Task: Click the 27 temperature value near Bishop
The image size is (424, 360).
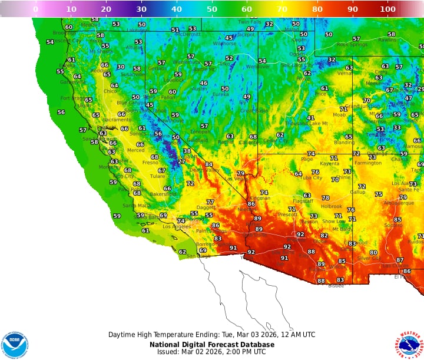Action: click(x=181, y=161)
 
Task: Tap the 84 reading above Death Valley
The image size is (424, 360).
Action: click(x=208, y=164)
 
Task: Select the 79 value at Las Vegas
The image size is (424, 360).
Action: click(x=240, y=173)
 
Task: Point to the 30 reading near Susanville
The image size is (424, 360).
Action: click(x=121, y=67)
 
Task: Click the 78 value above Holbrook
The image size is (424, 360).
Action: click(x=325, y=198)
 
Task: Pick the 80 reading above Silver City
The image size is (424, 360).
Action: click(x=373, y=252)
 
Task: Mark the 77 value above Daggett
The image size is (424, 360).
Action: click(x=210, y=202)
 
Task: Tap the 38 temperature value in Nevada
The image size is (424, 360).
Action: click(x=187, y=151)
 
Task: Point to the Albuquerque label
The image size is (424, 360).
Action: click(x=399, y=203)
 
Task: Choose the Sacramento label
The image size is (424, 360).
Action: click(x=104, y=120)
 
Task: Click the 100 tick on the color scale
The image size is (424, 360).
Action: click(x=387, y=9)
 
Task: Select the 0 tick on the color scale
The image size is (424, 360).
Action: click(x=36, y=9)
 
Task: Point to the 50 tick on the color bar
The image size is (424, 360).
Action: click(x=211, y=9)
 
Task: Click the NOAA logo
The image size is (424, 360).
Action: click(x=15, y=345)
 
